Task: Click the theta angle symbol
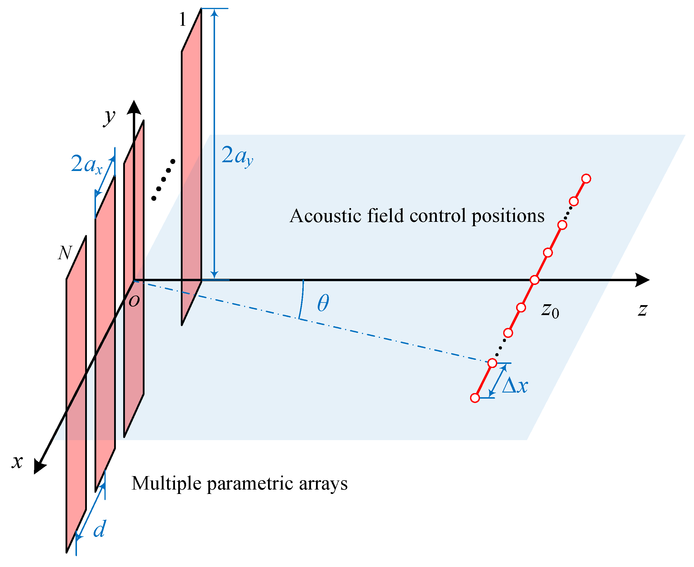pos(323,303)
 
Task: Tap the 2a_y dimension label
pos(237,156)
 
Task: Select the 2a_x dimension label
pos(86,165)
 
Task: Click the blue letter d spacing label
pos(99,529)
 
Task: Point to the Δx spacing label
pos(515,386)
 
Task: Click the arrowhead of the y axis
pos(134,108)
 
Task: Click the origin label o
pos(134,301)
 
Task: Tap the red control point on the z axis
pos(534,280)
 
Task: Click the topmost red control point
pos(586,179)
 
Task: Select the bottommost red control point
pos(475,398)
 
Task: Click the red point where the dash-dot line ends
pos(492,363)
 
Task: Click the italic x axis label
pos(17,462)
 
